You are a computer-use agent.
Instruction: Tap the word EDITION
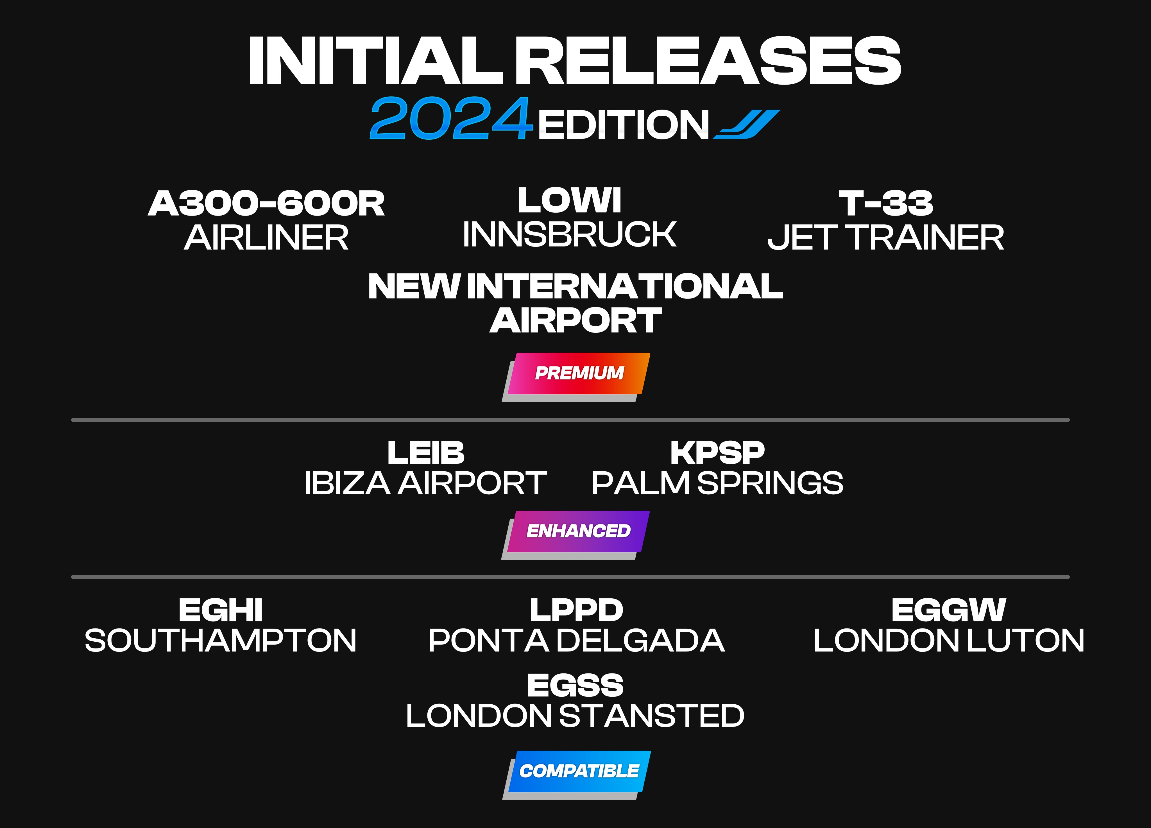click(x=623, y=125)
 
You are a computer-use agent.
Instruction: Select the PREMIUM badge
click(x=576, y=377)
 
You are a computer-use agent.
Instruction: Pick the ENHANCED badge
click(x=575, y=535)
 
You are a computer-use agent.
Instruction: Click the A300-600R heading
click(x=266, y=203)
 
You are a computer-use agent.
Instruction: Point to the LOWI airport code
click(x=569, y=200)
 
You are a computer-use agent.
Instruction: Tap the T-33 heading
click(x=885, y=203)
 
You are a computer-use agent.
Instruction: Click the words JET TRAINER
click(x=885, y=237)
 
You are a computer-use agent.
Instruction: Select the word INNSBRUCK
click(x=569, y=234)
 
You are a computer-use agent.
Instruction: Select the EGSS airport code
click(x=575, y=685)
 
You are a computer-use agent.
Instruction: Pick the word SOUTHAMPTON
click(x=220, y=640)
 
